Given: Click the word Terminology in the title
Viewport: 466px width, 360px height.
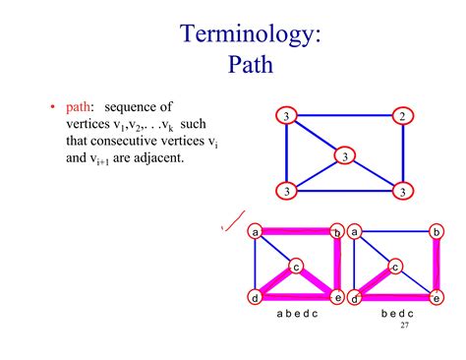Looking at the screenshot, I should point(251,36).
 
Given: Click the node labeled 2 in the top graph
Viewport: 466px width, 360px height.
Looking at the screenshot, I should point(402,117).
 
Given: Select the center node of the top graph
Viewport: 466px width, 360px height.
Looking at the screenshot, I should point(344,155).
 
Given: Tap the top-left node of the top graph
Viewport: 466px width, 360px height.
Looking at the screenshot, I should point(286,117).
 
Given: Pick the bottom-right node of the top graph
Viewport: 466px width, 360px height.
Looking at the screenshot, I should point(402,190).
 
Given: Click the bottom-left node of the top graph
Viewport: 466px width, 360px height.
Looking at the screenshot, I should point(286,190).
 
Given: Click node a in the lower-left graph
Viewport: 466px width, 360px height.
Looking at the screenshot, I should point(256,232).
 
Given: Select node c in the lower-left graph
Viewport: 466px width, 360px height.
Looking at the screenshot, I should point(296,266).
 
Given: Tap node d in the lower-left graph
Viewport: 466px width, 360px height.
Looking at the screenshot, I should point(256,297).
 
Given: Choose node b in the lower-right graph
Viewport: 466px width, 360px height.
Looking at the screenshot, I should point(436,232).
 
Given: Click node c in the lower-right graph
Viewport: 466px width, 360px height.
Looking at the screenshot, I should point(395,266).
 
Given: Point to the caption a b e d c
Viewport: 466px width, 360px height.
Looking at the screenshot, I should point(295,316).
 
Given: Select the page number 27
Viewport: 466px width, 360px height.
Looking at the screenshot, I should point(405,325).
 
